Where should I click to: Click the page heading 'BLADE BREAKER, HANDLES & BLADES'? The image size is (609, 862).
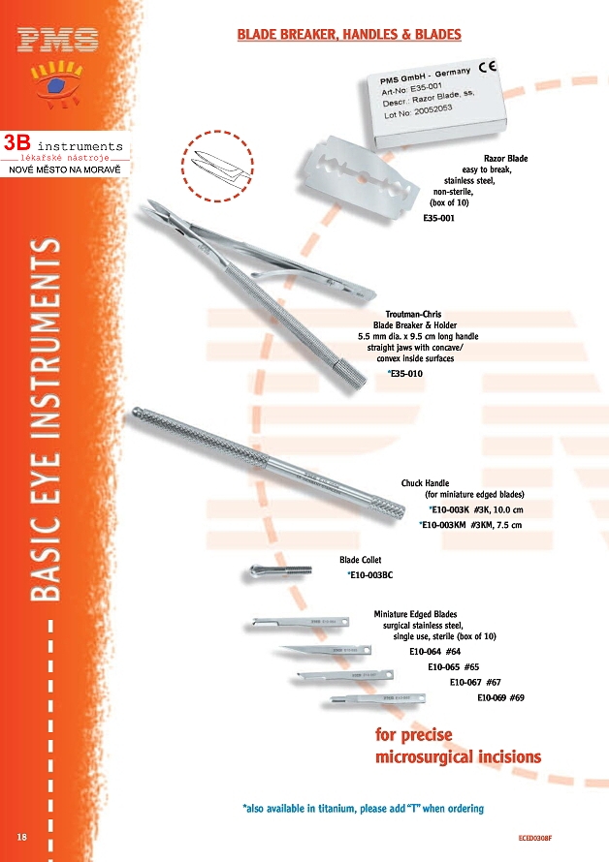[349, 35]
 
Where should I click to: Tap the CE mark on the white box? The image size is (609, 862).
[487, 67]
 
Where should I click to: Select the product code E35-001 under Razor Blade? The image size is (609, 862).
[439, 218]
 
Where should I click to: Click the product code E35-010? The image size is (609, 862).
[406, 373]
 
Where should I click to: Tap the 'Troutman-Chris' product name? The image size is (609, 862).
[413, 315]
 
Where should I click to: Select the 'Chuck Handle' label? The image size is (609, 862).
[425, 482]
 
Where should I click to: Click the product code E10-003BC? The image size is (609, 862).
[371, 575]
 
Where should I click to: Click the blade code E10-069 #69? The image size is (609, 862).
[500, 697]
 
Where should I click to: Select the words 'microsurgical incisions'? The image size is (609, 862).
[458, 756]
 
